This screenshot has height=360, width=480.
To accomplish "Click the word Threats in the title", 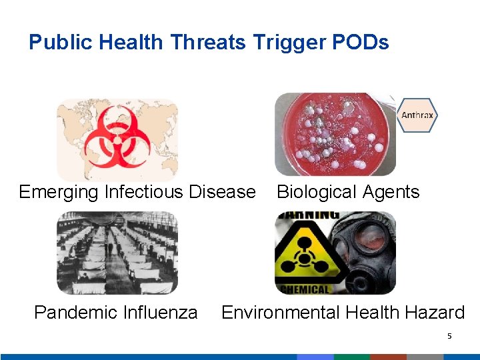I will [x=209, y=43].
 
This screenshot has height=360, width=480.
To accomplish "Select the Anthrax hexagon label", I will [x=417, y=115].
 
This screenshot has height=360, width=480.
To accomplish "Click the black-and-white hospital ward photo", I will [x=117, y=253].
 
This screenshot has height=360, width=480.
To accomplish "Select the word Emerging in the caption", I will [x=59, y=192].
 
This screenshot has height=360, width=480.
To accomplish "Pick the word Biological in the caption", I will [x=317, y=192].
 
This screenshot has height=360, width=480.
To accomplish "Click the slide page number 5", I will [x=449, y=336].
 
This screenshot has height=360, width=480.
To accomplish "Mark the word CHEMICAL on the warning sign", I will [x=305, y=289].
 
